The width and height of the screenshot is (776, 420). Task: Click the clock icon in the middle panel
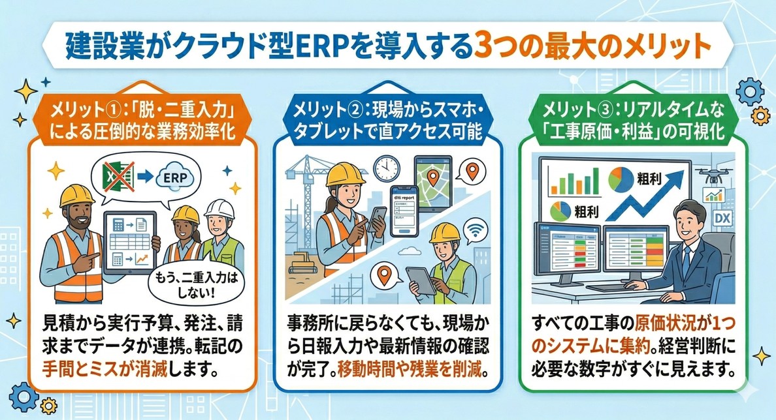click(x=387, y=168)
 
